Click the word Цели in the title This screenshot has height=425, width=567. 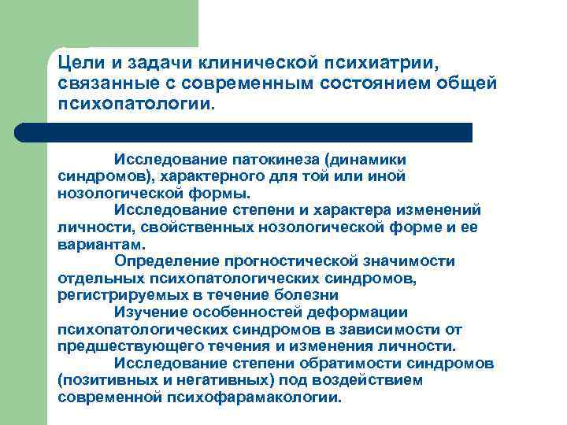pyautogui.click(x=79, y=63)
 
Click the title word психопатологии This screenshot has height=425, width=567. pyautogui.click(x=135, y=105)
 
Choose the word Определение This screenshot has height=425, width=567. pyautogui.click(x=161, y=261)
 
